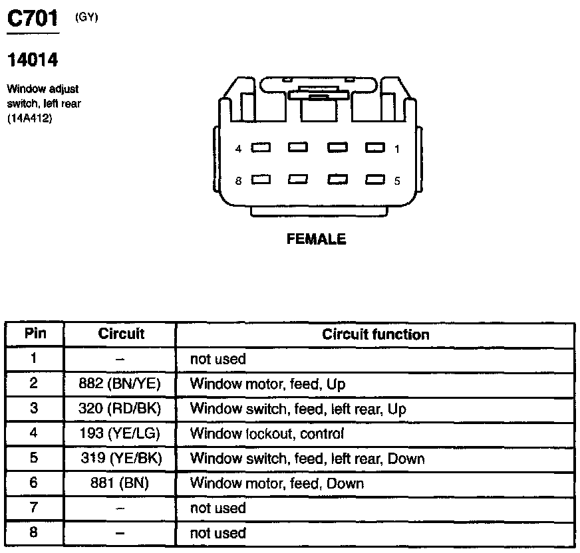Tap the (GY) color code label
tap(86, 18)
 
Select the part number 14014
tap(33, 60)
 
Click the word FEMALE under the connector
tap(317, 239)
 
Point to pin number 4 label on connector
tap(238, 149)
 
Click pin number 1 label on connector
tap(397, 149)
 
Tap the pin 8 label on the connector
tap(238, 180)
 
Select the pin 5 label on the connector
tap(397, 180)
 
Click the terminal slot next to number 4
tap(260, 148)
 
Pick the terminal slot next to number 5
tap(376, 179)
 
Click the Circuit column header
tap(121, 334)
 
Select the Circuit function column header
tap(375, 334)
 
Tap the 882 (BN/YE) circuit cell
tap(120, 384)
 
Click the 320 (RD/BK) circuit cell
tap(120, 409)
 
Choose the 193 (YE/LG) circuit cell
tap(120, 434)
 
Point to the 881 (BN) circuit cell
tap(120, 483)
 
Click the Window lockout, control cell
tap(267, 434)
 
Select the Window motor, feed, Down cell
tap(277, 483)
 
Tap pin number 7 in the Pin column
tap(35, 508)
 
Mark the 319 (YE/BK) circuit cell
tap(120, 459)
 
